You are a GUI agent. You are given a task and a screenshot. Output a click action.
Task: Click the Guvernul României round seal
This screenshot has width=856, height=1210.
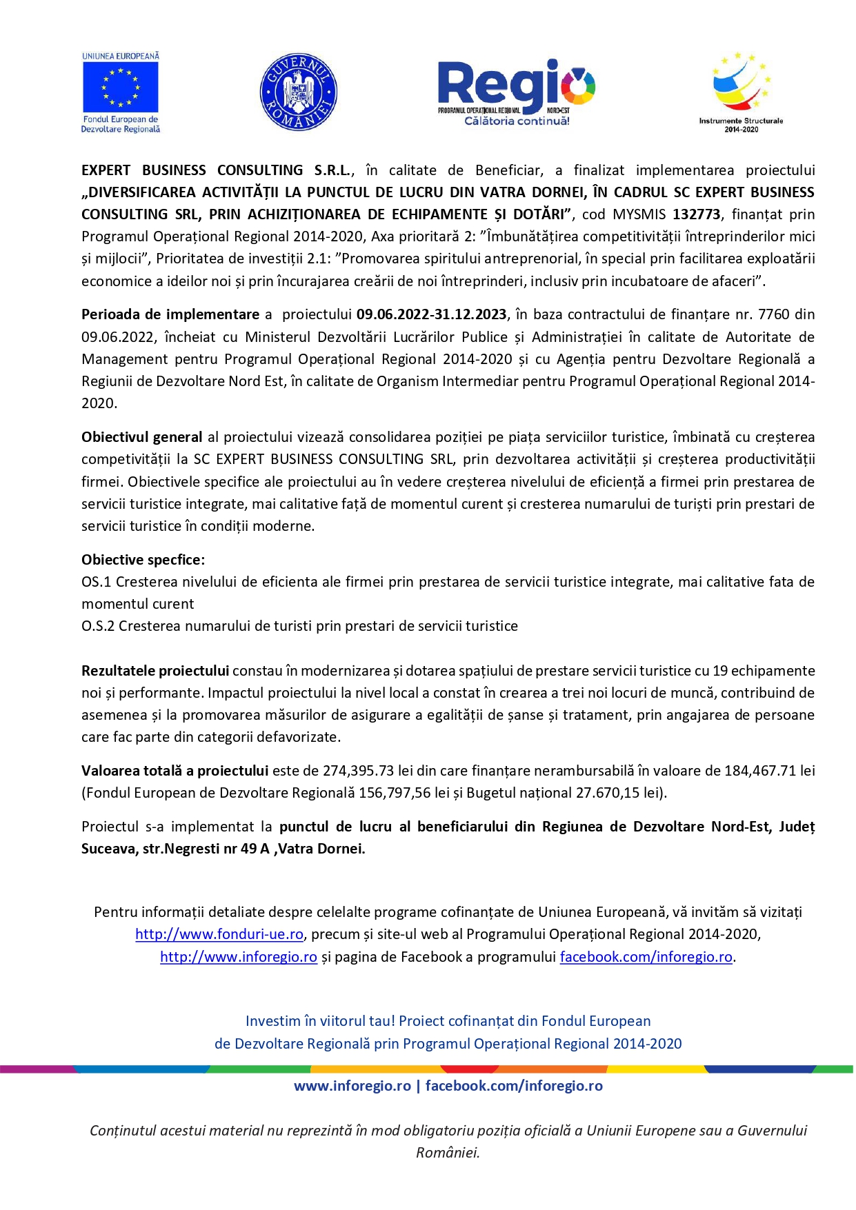(298, 92)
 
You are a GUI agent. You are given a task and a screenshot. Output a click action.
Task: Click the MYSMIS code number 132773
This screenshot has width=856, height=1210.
(697, 214)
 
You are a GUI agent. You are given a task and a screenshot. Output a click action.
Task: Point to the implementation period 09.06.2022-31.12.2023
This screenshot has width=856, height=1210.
(431, 314)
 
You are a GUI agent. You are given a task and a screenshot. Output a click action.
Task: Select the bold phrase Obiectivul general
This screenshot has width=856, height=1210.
(141, 437)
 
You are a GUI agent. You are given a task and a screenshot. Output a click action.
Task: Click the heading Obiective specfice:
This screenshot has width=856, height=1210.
(143, 560)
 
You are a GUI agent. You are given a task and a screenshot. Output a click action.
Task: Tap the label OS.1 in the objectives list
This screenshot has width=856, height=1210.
(96, 582)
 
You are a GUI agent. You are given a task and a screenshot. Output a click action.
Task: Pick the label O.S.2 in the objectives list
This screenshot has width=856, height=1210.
(98, 626)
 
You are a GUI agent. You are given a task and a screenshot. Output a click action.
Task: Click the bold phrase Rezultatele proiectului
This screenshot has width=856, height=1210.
(155, 671)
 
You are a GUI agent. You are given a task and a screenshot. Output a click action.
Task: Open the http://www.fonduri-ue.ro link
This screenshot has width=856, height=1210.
(219, 934)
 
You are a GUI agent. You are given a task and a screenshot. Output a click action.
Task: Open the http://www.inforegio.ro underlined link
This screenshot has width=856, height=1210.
(239, 957)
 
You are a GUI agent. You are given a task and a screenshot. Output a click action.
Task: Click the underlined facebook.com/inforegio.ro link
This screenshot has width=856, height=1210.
(646, 957)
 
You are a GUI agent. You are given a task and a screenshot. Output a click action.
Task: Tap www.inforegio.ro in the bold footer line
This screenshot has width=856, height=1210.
(352, 1086)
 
